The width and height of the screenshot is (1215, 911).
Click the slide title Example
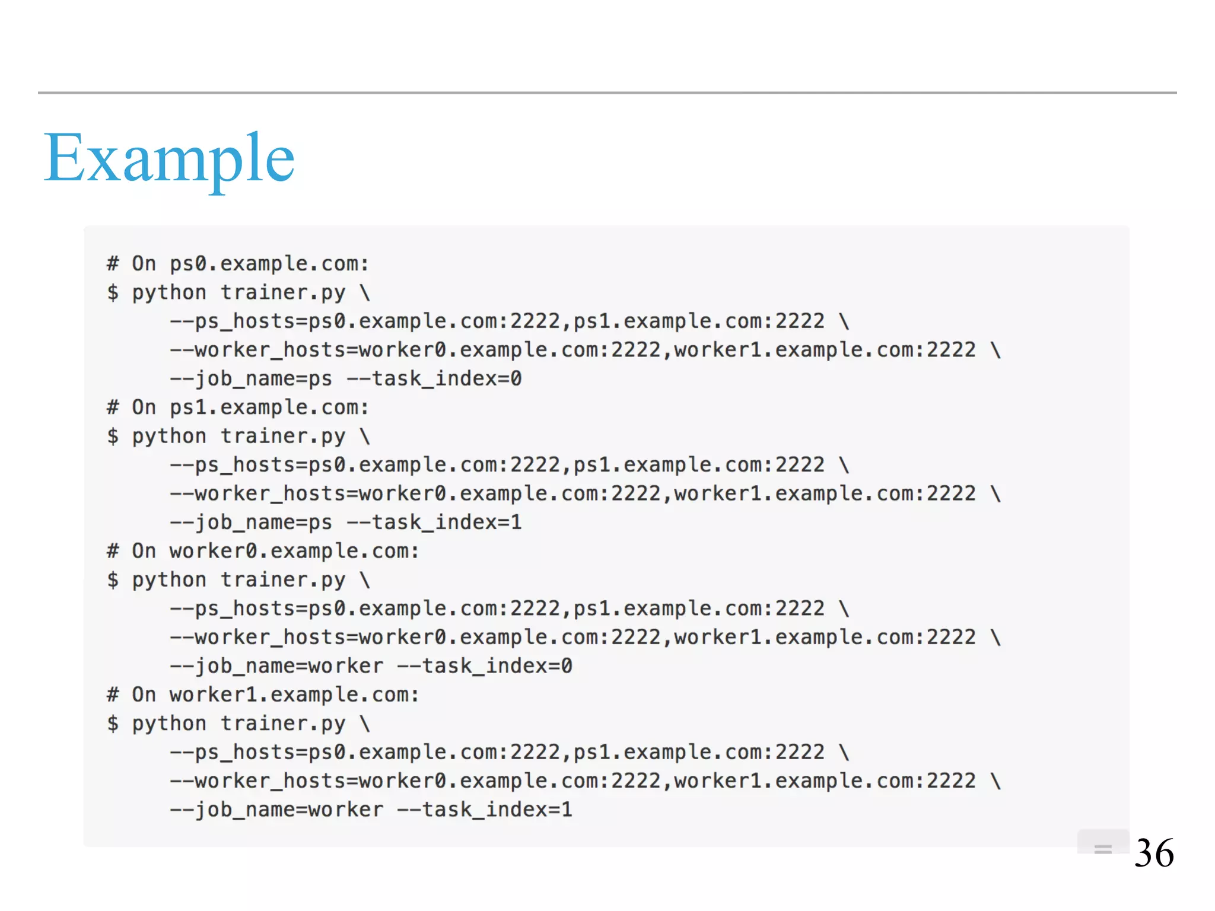pos(169,158)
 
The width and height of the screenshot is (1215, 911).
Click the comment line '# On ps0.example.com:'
pos(238,263)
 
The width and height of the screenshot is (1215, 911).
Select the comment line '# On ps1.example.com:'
pos(238,407)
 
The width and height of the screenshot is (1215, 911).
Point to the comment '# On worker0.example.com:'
pos(263,551)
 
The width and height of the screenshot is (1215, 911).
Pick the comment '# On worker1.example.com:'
pos(263,695)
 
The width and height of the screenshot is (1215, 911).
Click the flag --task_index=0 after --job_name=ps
pos(434,378)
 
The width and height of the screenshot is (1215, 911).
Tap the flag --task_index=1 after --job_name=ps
pos(434,522)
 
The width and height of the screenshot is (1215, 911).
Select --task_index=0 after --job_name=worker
pos(485,666)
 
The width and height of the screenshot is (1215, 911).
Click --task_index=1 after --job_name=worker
pos(485,810)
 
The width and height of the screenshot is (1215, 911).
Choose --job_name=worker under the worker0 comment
pos(276,666)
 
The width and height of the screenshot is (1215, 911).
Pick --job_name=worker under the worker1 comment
pos(276,810)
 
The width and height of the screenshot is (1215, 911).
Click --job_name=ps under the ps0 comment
pos(251,378)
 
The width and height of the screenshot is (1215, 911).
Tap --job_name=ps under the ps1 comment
pos(251,522)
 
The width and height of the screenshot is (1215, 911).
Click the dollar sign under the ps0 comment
pos(113,292)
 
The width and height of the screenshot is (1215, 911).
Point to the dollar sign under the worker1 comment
pos(113,724)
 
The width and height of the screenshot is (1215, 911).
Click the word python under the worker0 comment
pos(169,580)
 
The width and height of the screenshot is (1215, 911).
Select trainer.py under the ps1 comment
pos(283,437)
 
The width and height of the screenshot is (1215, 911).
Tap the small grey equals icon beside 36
pos(1103,849)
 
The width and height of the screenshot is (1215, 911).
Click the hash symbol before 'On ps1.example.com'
pos(113,407)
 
